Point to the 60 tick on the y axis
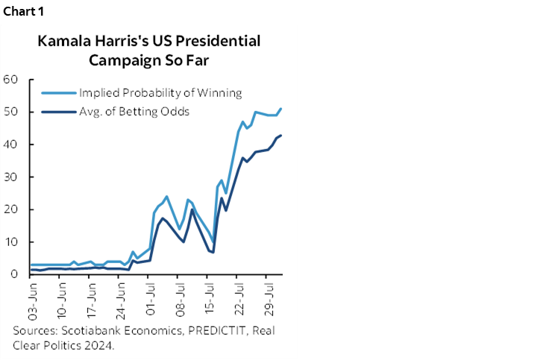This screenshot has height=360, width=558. click(10, 80)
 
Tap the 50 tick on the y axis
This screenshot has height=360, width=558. click(10, 112)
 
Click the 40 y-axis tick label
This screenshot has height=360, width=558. click(10, 145)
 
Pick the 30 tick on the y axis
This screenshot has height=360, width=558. click(10, 177)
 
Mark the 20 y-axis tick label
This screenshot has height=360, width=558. click(10, 209)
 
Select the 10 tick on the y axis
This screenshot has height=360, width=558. click(10, 242)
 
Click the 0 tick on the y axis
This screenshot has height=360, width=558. click(14, 274)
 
